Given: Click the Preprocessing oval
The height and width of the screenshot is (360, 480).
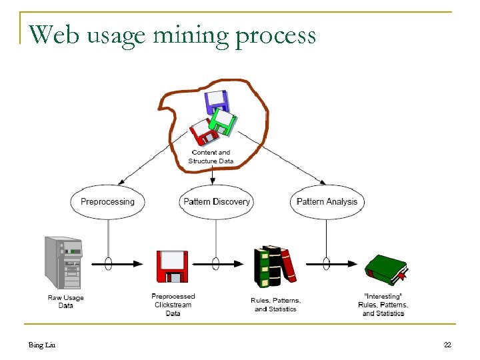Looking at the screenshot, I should click(107, 201).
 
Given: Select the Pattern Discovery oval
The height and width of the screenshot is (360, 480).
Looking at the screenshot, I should click(216, 201).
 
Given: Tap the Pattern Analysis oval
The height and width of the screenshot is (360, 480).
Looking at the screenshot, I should click(327, 201).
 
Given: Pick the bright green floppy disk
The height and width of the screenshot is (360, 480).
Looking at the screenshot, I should click(224, 121).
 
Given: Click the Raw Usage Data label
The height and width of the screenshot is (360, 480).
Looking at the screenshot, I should click(65, 301).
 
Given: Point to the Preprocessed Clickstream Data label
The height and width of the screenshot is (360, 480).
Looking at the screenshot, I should click(173, 305).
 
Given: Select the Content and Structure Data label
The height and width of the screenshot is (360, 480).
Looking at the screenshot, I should click(210, 157).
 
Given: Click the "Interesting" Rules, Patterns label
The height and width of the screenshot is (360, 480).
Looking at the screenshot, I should click(383, 305).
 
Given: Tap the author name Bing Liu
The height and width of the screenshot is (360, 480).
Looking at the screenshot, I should click(41, 345).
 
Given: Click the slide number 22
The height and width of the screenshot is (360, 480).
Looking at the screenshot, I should click(447, 345).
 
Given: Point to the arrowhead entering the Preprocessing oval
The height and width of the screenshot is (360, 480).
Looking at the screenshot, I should click(121, 181).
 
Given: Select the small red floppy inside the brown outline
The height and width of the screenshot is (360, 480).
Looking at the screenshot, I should click(203, 132).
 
